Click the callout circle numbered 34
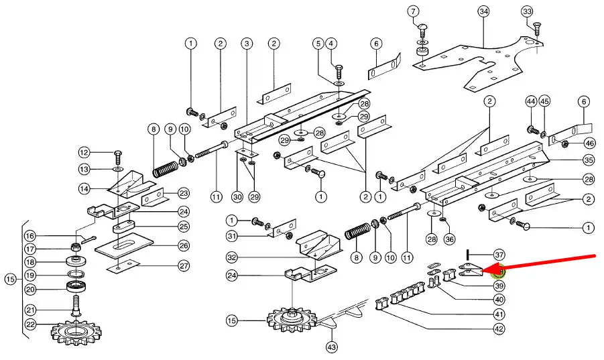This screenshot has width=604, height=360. click(483, 11)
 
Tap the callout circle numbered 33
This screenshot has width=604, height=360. click(527, 11)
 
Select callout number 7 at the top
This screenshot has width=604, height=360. click(413, 11)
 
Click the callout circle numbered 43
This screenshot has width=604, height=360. click(331, 347)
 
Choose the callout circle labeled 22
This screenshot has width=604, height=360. click(30, 324)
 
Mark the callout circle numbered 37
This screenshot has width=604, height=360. click(499, 255)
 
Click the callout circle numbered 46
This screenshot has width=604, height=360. click(589, 143)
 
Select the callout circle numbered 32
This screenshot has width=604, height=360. click(232, 257)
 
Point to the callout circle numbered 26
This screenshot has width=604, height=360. click(182, 245)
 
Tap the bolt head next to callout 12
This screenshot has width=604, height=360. click(118, 154)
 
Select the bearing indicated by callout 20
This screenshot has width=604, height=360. click(75, 288)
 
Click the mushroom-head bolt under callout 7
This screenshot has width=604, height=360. click(422, 29)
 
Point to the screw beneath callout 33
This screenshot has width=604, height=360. click(536, 29)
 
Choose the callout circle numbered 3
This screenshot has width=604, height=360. click(247, 44)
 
